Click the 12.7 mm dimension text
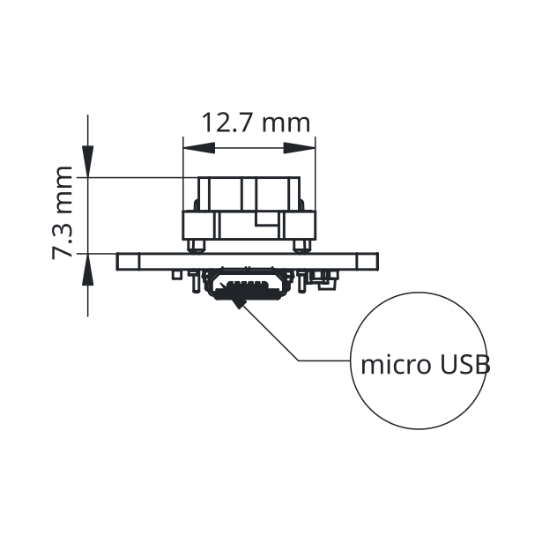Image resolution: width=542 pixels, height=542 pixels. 256,123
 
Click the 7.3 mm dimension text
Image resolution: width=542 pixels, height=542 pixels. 63,212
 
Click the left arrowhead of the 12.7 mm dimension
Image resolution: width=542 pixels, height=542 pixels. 199,148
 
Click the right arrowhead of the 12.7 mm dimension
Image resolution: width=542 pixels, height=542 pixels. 300,148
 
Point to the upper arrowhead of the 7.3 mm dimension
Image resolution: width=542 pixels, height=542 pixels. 88,161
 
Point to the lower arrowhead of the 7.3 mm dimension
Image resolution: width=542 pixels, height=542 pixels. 88,270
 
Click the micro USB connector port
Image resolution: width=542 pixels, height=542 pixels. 248,284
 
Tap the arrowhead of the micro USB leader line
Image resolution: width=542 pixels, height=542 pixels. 240,301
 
